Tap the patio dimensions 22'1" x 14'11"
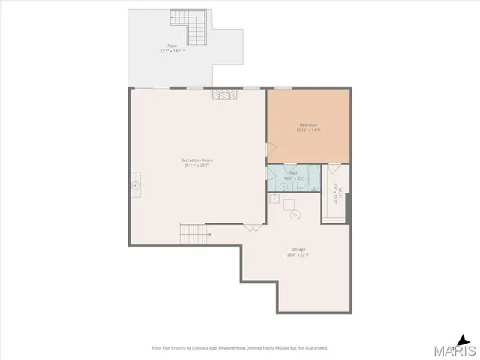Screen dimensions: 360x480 coord(172,52)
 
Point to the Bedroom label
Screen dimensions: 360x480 coord(308,124)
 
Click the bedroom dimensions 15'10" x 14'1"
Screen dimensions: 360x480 coord(308,130)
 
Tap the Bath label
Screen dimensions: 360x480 coord(294,172)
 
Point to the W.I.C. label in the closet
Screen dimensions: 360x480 coord(335,194)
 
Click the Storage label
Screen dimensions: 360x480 coord(298,249)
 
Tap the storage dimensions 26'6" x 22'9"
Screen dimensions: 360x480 coord(298,255)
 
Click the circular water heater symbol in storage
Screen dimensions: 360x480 coord(295,215)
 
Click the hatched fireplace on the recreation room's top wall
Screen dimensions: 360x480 coord(224,94)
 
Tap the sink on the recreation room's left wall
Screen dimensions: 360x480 coord(136,184)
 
